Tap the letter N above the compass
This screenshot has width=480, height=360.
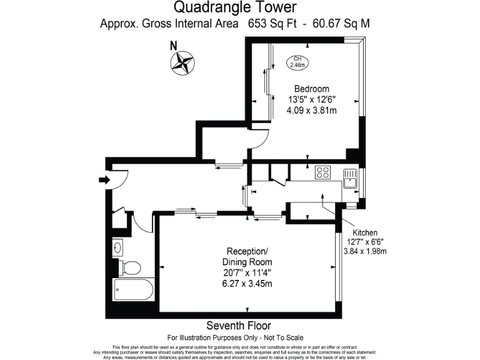174,45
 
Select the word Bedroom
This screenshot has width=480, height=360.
311,89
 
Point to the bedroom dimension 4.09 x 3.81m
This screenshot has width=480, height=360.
312,111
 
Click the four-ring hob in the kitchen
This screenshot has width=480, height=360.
323,172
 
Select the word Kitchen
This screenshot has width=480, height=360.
365,232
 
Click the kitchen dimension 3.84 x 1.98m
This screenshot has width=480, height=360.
366,252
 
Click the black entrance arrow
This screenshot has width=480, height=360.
103,181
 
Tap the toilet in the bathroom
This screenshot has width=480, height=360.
130,267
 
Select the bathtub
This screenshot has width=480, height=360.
133,291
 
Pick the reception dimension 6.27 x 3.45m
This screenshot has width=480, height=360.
247,283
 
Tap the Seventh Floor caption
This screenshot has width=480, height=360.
239,326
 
